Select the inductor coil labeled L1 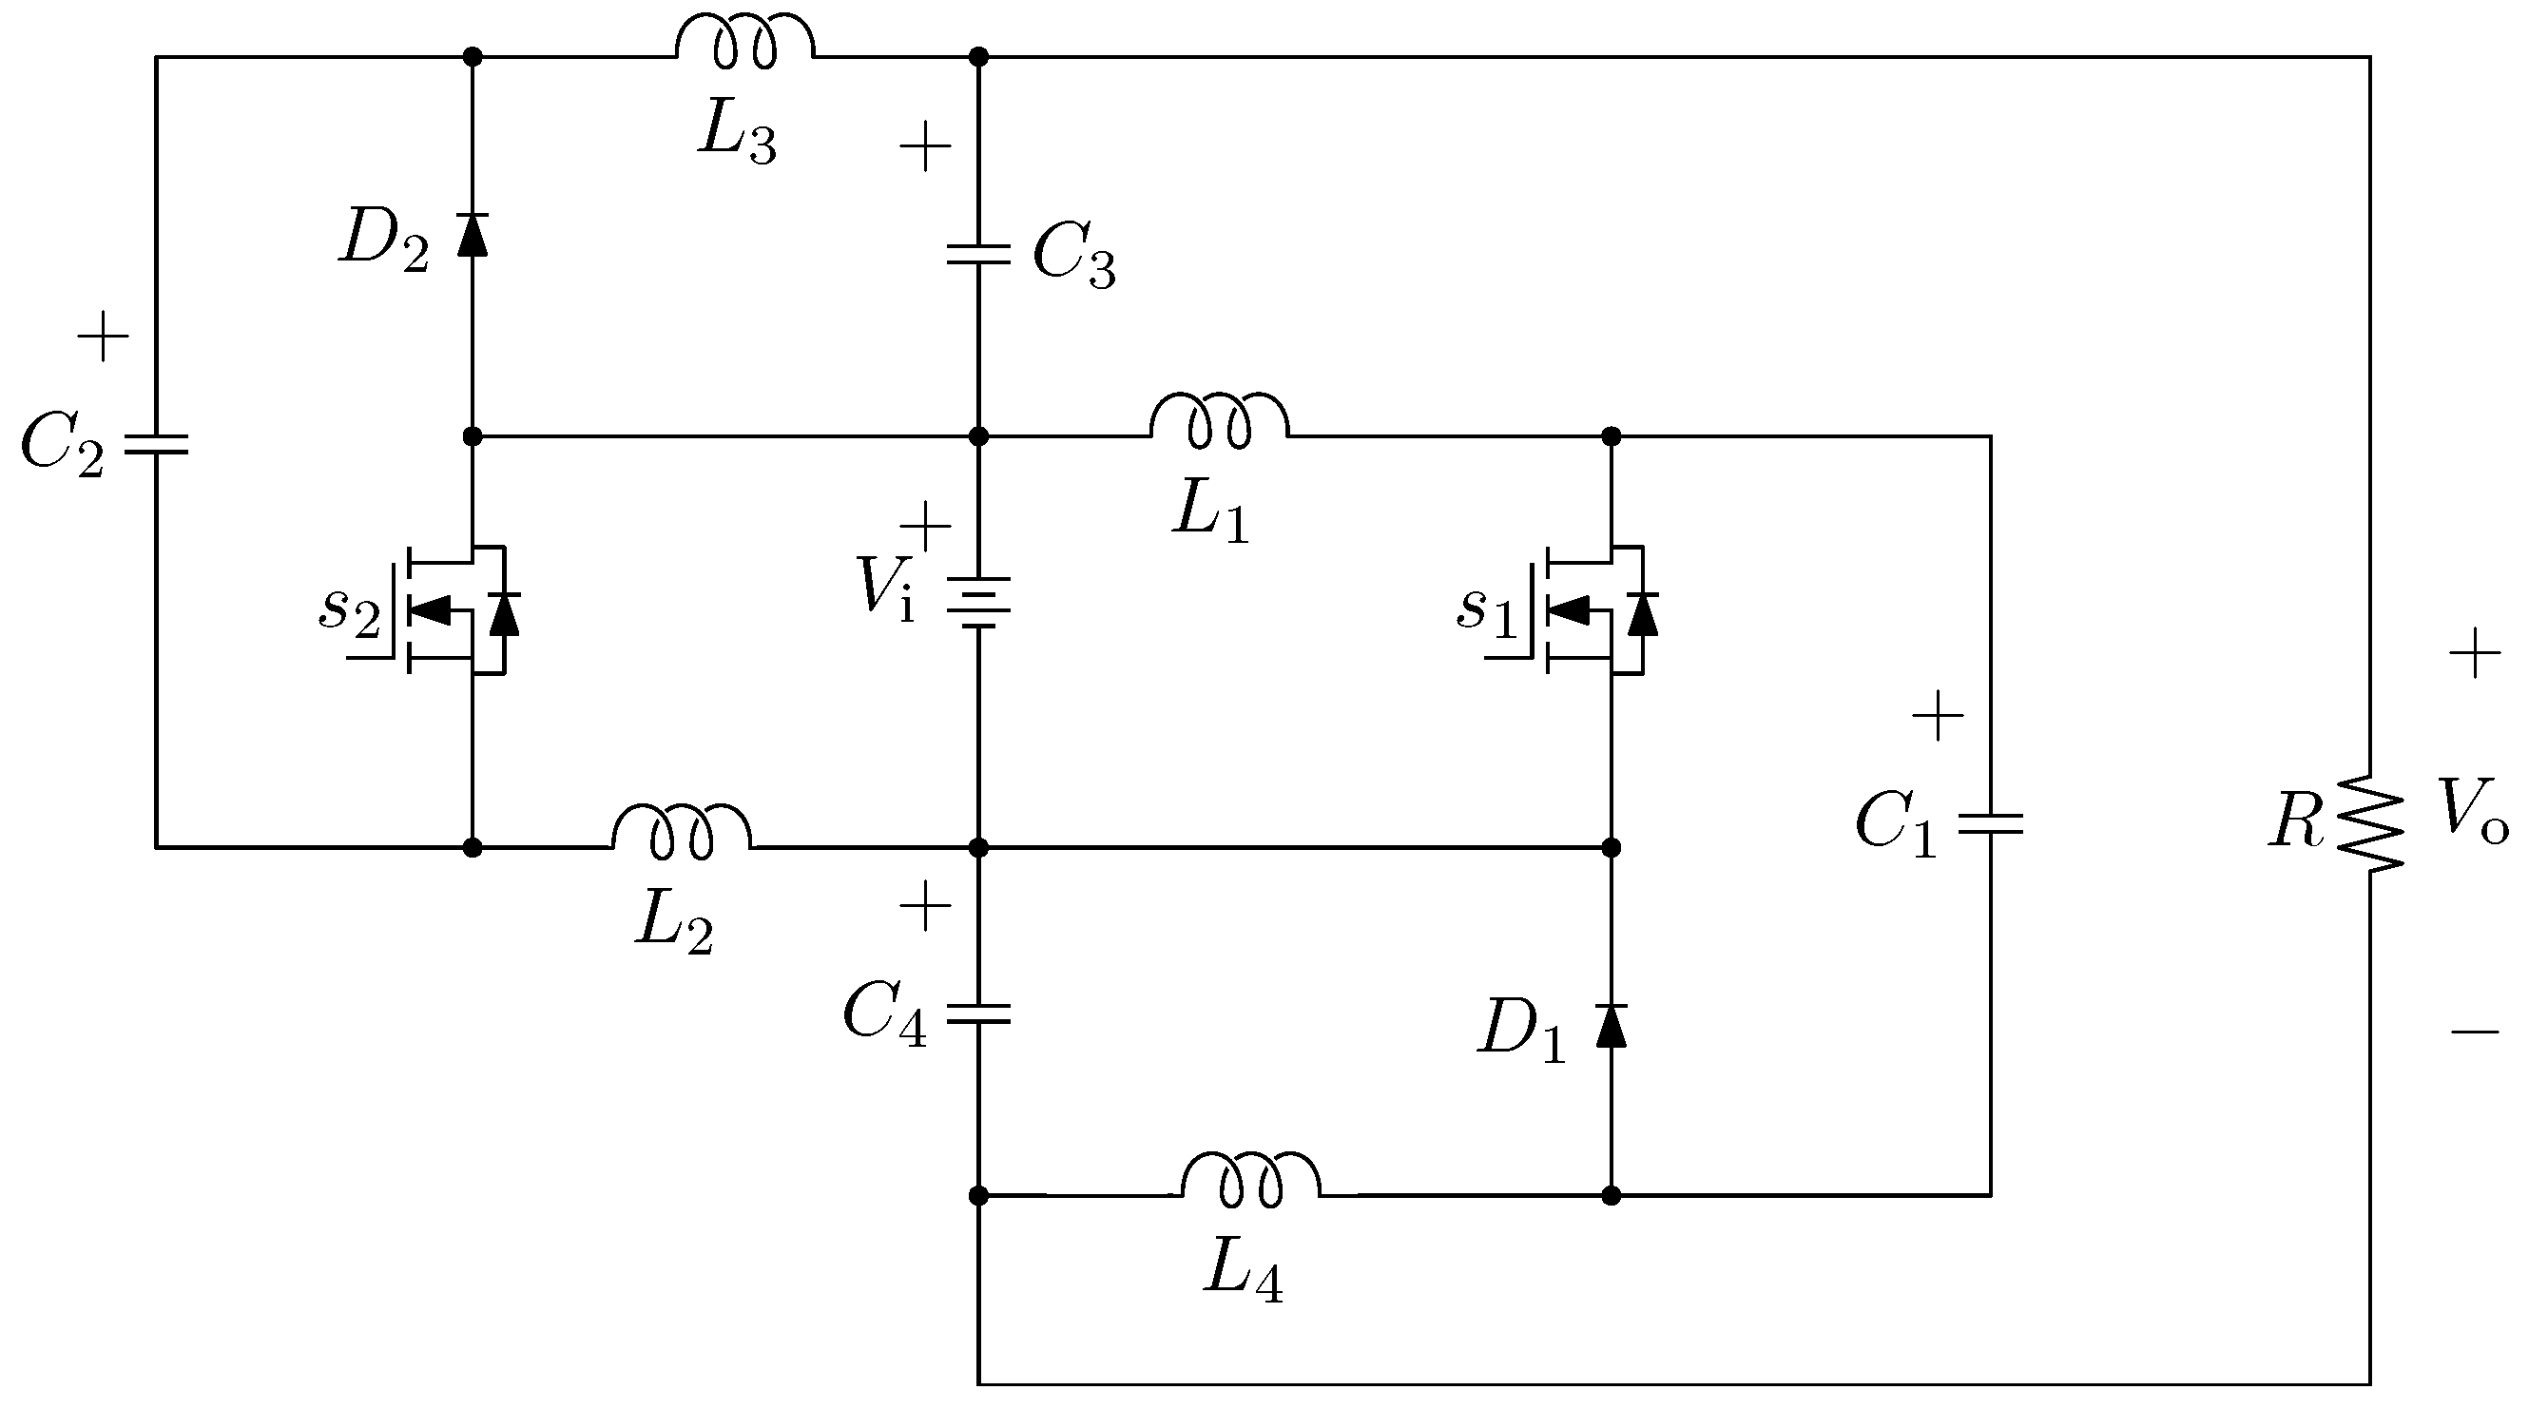(1220, 420)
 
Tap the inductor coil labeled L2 (682, 832)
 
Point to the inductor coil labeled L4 (1251, 1181)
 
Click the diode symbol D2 (473, 234)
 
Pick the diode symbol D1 (1612, 1025)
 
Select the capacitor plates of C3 (978, 256)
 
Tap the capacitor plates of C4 (978, 1013)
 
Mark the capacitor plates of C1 (1990, 823)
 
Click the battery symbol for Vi (978, 603)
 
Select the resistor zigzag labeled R (2370, 823)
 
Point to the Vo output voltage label (2472, 810)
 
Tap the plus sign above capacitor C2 (103, 338)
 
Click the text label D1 (1521, 1031)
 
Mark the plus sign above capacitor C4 (925, 906)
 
